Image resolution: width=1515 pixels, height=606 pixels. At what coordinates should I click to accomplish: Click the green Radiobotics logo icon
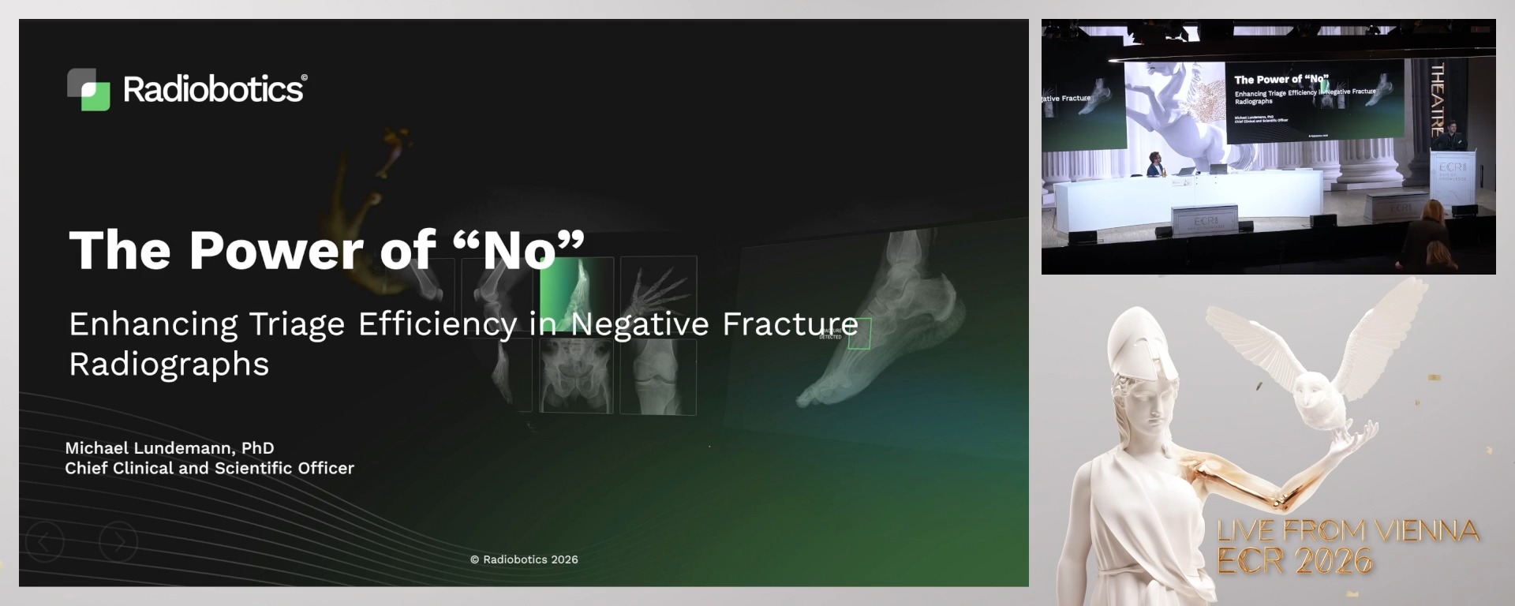pos(88,89)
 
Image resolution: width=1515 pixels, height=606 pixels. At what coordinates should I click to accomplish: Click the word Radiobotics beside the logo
pos(214,89)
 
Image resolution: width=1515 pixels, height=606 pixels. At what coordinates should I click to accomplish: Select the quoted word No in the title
pos(519,250)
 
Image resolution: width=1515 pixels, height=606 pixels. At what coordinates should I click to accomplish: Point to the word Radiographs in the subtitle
pos(169,365)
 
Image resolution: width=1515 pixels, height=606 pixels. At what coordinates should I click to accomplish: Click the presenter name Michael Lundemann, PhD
pos(169,447)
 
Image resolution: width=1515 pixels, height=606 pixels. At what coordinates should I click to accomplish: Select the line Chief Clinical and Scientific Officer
pos(209,468)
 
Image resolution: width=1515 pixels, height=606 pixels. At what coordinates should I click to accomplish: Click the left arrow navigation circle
pos(45,541)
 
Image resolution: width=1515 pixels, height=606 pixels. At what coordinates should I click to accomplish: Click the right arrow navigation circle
pos(118,541)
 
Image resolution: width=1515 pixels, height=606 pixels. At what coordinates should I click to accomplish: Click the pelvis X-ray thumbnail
pos(576,377)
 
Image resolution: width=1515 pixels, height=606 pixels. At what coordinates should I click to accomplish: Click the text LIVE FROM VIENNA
pos(1348,530)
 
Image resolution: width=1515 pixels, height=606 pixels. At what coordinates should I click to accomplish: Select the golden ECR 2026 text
pos(1294,560)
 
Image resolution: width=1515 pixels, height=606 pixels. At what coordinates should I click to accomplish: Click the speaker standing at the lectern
pos(1450,136)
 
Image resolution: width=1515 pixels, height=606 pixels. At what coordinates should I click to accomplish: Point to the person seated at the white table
pos(1155,164)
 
